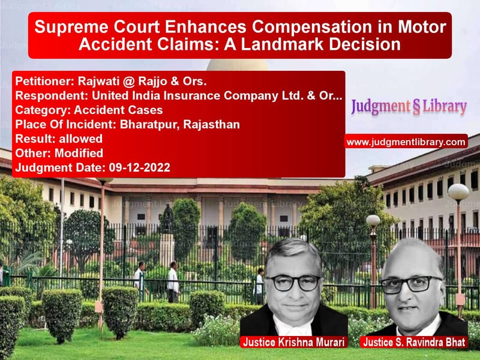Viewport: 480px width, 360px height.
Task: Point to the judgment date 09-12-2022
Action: [x=139, y=167]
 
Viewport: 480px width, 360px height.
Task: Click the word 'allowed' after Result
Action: [x=80, y=139]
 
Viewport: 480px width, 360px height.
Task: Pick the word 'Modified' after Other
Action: [x=79, y=153]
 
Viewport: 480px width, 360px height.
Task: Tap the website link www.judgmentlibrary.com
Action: [x=406, y=142]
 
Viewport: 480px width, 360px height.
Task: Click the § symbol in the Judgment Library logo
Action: [x=416, y=107]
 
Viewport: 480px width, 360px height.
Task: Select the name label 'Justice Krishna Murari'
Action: [x=293, y=342]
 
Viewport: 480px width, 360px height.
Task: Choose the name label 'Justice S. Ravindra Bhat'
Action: [x=414, y=342]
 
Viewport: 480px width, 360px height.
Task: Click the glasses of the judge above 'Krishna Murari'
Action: [x=293, y=283]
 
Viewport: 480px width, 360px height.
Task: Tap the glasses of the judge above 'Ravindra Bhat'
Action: [x=411, y=284]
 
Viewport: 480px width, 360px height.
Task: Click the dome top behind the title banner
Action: [x=238, y=64]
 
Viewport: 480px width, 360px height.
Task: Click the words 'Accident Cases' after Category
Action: [x=118, y=110]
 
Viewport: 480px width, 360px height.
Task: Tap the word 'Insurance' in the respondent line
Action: [x=191, y=96]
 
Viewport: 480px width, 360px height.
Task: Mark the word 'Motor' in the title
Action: [x=422, y=27]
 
